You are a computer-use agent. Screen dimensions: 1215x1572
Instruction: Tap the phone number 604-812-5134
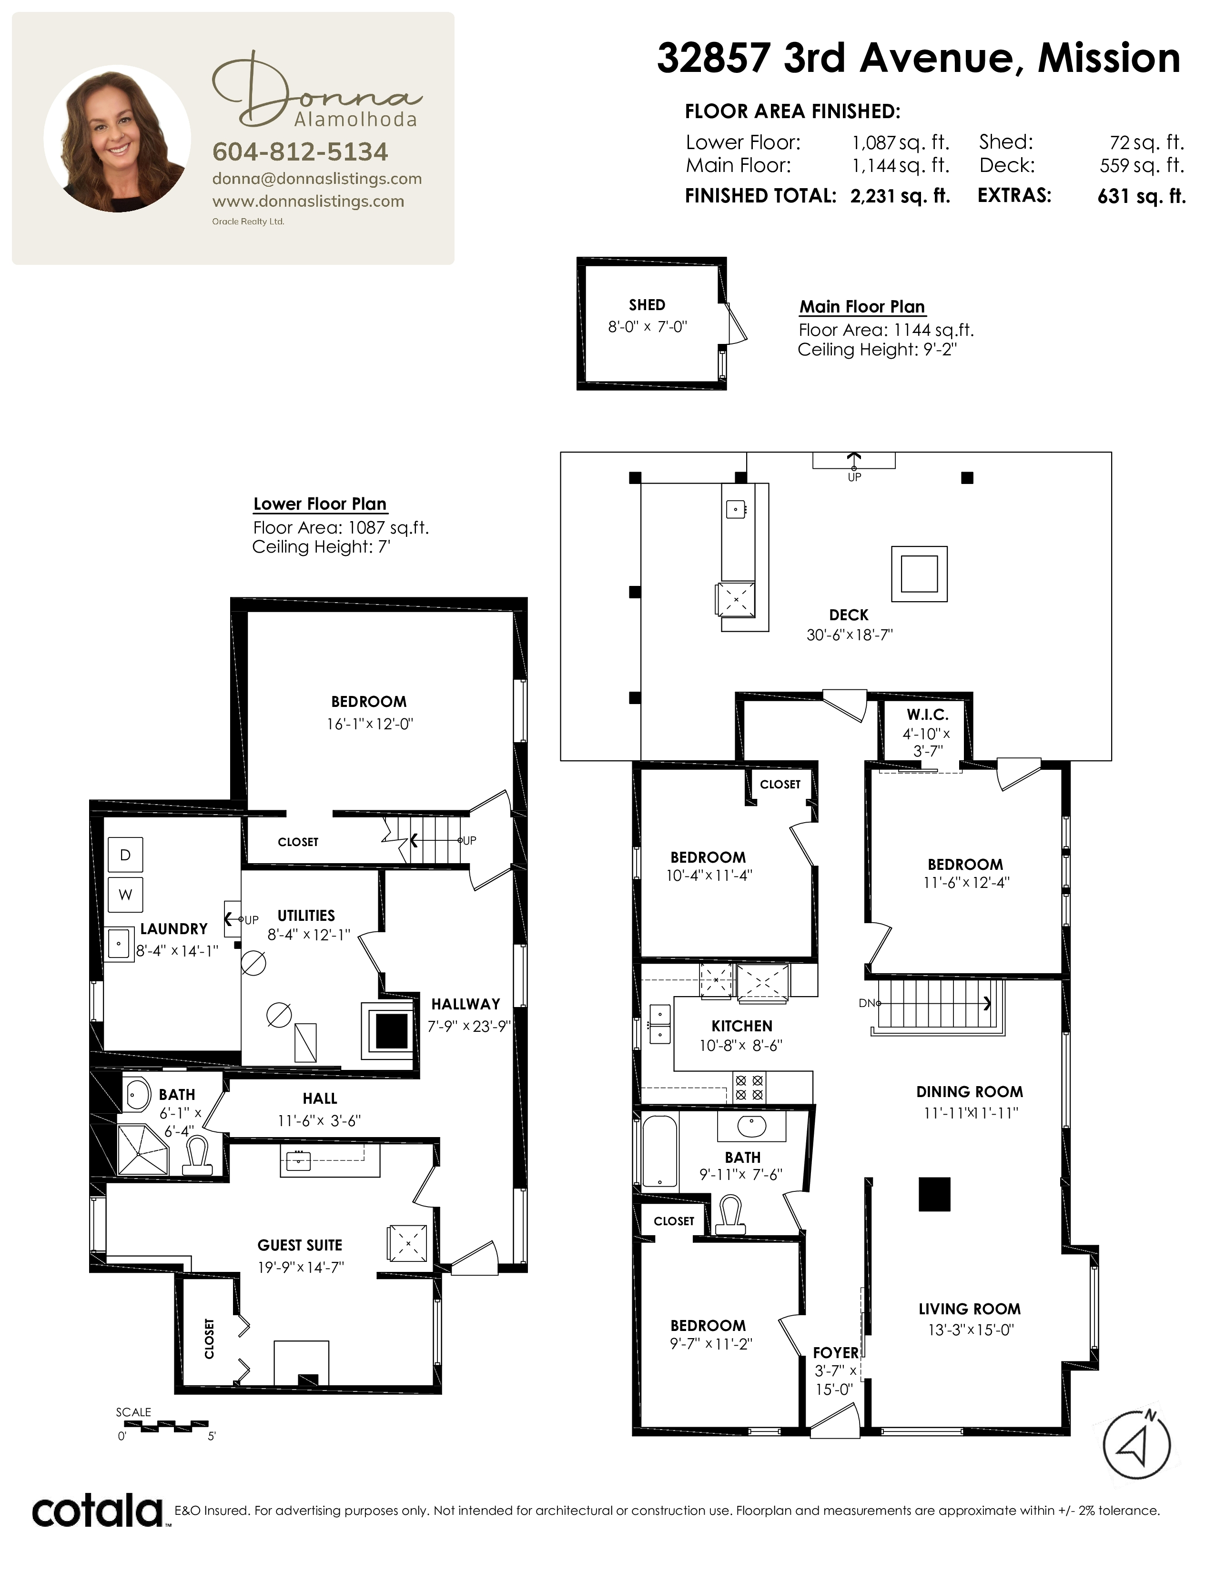coord(300,152)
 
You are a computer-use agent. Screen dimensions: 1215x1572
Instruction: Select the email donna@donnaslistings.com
coord(317,179)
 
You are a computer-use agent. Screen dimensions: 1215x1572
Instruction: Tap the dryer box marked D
coord(125,855)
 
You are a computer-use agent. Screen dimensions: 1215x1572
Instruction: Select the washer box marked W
coord(125,895)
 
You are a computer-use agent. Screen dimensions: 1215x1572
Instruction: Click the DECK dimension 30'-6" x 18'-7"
coord(850,635)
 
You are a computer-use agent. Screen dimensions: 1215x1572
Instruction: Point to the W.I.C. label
coord(927,715)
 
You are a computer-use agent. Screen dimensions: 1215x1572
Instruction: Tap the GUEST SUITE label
coord(300,1245)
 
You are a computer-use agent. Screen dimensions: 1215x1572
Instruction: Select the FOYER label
coord(836,1353)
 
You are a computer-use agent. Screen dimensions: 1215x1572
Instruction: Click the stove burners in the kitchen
coord(749,1088)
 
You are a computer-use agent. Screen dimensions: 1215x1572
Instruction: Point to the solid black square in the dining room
coord(934,1194)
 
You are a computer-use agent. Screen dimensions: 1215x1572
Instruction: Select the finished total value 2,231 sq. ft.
coord(900,196)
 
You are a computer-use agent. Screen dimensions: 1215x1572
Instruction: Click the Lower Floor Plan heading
coord(320,504)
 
